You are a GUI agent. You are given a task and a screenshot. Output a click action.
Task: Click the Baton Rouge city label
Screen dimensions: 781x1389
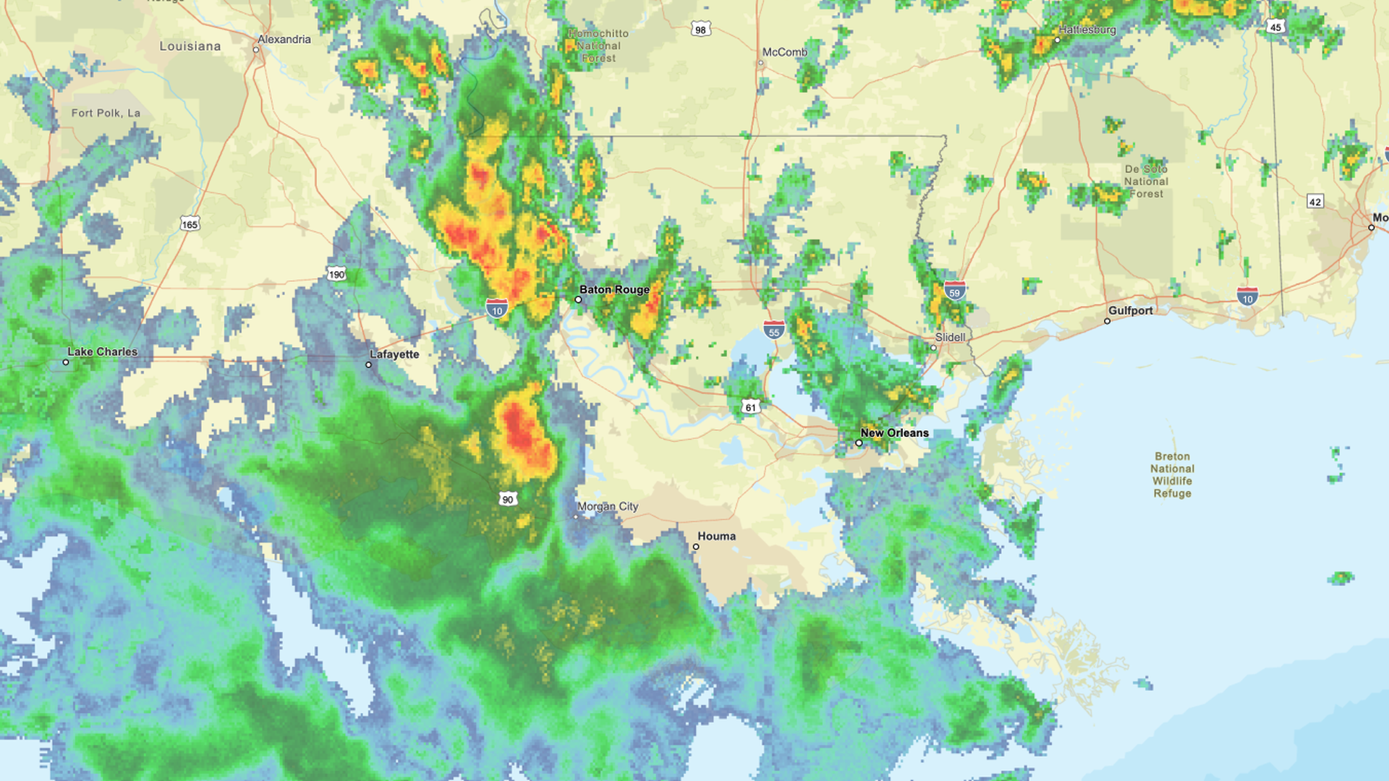coord(614,290)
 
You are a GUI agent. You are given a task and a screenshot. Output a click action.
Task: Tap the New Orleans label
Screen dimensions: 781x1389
coord(894,433)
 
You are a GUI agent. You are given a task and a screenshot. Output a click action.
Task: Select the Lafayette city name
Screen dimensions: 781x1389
coord(394,354)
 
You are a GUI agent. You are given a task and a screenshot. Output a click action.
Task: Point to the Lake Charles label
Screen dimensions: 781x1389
coord(102,352)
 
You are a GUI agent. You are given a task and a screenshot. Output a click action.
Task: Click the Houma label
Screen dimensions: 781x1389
coord(716,537)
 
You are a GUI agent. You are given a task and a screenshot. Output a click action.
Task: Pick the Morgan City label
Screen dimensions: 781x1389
coord(608,507)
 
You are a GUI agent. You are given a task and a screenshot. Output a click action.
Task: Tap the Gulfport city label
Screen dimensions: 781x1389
coord(1131,311)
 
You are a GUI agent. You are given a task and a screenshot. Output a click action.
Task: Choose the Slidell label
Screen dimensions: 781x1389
coord(950,338)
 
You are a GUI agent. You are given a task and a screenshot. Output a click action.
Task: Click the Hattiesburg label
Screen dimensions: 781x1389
coord(1087,30)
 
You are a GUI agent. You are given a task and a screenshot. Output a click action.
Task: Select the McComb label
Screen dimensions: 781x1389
coord(785,53)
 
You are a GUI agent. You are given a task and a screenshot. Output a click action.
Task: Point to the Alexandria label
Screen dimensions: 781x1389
coord(284,40)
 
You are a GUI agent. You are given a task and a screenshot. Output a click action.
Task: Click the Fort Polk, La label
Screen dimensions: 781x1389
coord(106,114)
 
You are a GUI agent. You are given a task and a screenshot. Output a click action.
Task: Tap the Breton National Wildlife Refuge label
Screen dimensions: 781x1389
coord(1172,475)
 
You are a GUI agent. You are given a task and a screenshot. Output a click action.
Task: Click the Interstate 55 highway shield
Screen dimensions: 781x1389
coord(774,330)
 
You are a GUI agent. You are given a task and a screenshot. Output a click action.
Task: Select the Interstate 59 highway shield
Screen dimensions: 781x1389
coord(954,291)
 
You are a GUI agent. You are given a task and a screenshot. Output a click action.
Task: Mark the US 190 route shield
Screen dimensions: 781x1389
coord(336,274)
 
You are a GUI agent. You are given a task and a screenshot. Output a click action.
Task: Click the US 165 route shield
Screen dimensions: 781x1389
coord(190,224)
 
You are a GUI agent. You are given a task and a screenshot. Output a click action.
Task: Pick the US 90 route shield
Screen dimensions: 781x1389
coord(508,499)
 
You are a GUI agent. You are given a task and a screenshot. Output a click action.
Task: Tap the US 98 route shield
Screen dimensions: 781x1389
coord(700,30)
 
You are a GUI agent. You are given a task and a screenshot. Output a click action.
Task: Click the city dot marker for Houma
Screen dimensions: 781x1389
coord(696,547)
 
